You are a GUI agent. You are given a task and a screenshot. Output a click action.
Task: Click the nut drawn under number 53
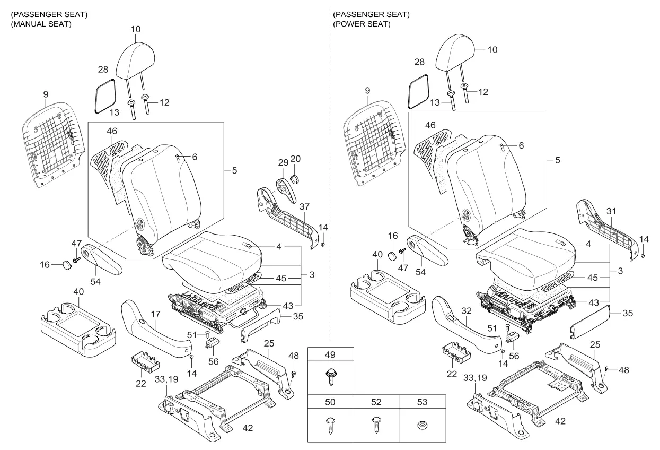(x=423, y=426)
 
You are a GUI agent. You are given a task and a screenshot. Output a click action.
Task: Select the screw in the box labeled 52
(x=376, y=425)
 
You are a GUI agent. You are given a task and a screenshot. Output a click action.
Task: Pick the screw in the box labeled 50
(x=331, y=425)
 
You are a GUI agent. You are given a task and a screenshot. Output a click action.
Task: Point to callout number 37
(x=304, y=206)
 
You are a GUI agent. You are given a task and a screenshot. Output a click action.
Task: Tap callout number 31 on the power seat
(x=611, y=211)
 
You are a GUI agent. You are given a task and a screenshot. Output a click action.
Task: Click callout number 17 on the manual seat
(x=155, y=314)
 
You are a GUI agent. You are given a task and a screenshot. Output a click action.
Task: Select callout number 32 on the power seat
(x=467, y=310)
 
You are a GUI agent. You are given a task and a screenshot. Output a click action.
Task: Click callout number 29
(x=283, y=162)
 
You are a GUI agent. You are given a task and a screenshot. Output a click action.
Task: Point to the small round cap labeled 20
(x=295, y=179)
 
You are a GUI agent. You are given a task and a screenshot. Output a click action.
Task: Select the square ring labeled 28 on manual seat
(x=105, y=96)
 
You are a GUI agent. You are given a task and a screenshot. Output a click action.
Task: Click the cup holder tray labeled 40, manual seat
(x=78, y=329)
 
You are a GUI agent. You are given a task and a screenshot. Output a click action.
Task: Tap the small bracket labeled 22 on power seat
(x=456, y=351)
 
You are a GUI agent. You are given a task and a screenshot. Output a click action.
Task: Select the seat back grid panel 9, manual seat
(x=53, y=144)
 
